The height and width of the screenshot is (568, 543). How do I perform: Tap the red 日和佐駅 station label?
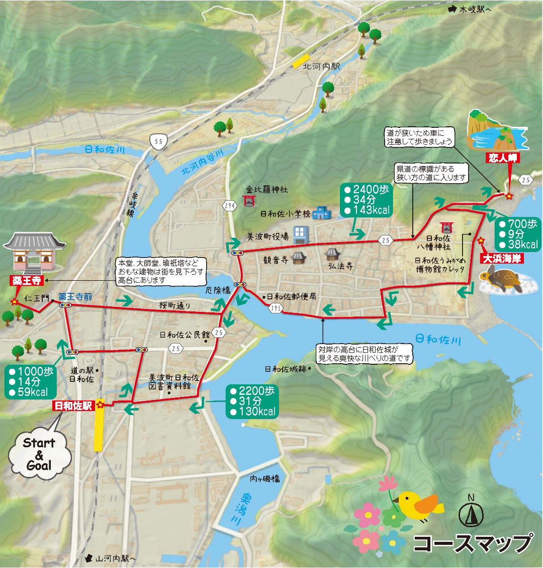[73, 405]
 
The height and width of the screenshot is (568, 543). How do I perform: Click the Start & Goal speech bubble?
[39, 454]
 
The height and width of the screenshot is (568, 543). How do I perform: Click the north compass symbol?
[471, 512]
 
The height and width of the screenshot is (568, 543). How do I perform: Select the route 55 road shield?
[158, 142]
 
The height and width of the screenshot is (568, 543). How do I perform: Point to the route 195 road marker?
[274, 308]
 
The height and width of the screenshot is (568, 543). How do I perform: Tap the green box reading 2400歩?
[366, 200]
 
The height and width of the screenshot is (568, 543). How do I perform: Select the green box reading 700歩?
[517, 234]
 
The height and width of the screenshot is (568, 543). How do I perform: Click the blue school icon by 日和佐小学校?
[321, 214]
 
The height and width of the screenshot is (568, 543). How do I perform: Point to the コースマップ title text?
[473, 543]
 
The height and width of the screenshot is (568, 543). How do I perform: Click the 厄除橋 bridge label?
[218, 290]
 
